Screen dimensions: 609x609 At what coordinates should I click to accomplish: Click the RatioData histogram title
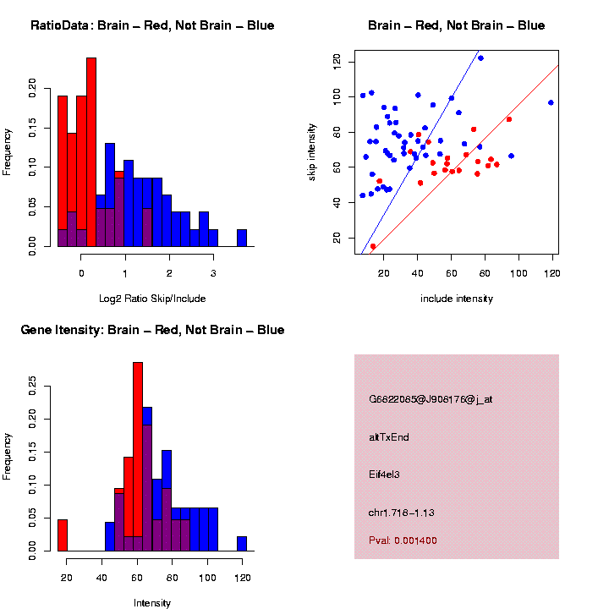pyautogui.click(x=152, y=25)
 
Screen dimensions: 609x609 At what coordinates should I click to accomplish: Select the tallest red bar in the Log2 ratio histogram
pyautogui.click(x=91, y=152)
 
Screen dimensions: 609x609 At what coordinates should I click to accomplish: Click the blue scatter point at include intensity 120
pyautogui.click(x=551, y=102)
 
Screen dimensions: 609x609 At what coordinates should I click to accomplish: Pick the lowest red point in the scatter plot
pyautogui.click(x=373, y=246)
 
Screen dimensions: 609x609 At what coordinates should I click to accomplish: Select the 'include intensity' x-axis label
pyautogui.click(x=457, y=299)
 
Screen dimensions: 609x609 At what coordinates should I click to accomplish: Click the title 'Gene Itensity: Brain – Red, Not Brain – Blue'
pyautogui.click(x=152, y=330)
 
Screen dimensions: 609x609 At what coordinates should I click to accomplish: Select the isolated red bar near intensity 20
pyautogui.click(x=62, y=535)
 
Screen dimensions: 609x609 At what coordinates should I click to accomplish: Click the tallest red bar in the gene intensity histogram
pyautogui.click(x=138, y=457)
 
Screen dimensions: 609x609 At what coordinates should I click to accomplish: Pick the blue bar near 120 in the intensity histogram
pyautogui.click(x=242, y=544)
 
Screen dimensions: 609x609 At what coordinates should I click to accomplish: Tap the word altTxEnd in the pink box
pyautogui.click(x=389, y=437)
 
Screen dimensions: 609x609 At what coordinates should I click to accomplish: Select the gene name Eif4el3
pyautogui.click(x=384, y=475)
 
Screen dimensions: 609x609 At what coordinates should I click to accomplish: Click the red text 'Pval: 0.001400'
pyautogui.click(x=403, y=540)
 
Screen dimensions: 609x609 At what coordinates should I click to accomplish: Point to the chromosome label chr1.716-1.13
pyautogui.click(x=402, y=513)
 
